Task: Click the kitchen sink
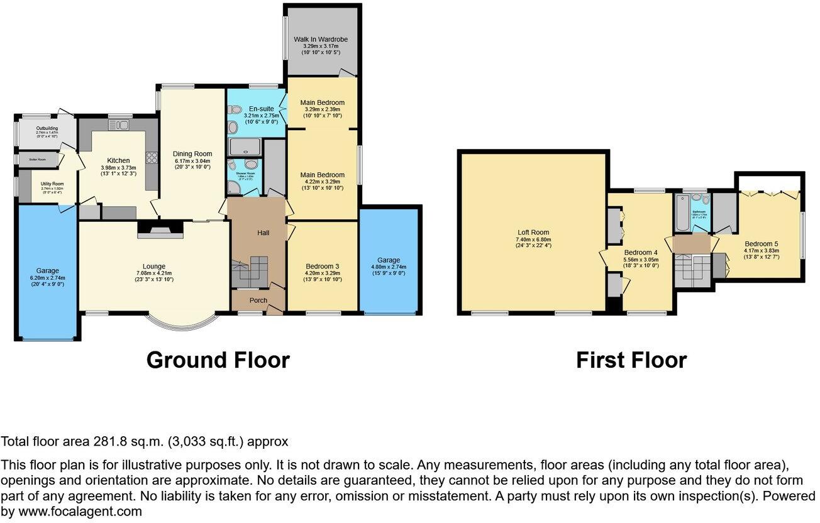(119, 125)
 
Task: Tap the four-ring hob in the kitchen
(151, 157)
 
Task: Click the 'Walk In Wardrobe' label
(321, 40)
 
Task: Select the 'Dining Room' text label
(192, 153)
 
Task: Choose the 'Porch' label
(258, 300)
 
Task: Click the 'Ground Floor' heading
(218, 360)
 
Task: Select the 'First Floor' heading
(631, 360)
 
